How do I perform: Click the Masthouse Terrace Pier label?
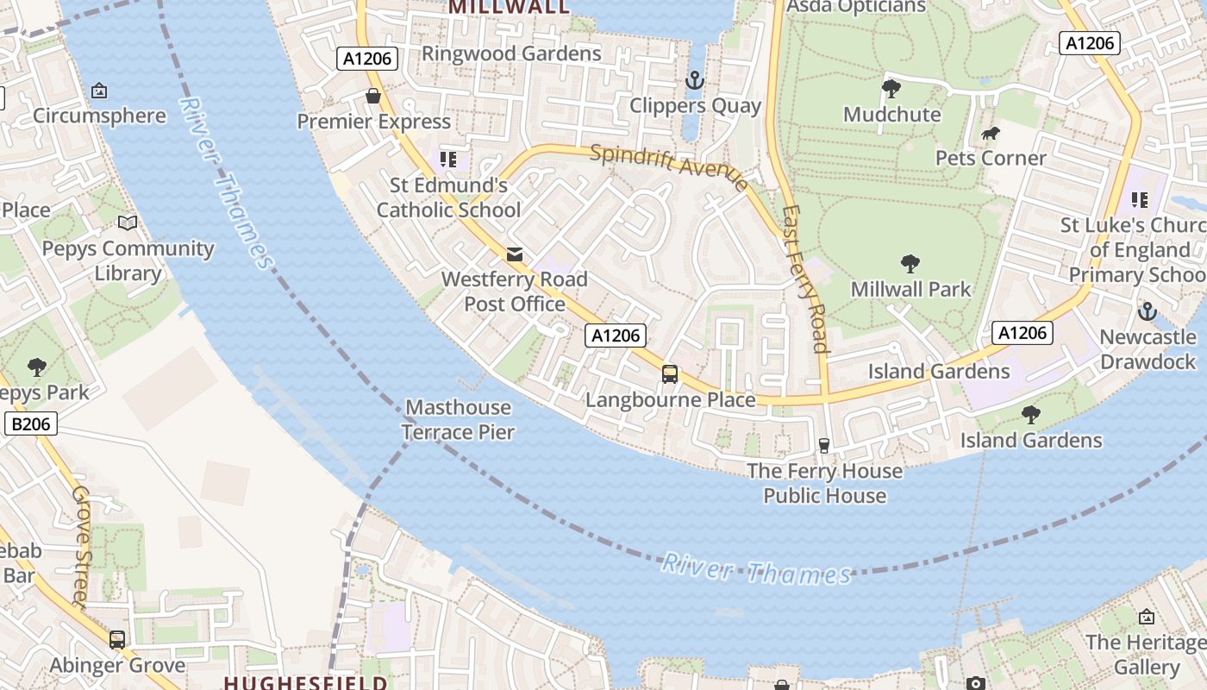[458, 420]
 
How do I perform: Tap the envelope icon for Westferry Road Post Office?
[515, 254]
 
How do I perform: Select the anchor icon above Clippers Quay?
[694, 81]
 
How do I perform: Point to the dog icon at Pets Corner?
[991, 134]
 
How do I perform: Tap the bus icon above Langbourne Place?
[670, 374]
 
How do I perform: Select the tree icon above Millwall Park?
[910, 264]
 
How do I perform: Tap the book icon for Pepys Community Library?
[128, 223]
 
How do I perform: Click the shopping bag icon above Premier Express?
[373, 96]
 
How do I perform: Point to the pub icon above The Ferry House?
[824, 445]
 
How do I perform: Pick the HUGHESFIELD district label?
[305, 682]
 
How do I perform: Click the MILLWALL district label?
[510, 7]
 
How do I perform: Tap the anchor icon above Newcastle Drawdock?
[1147, 311]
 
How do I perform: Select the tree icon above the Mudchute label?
[891, 88]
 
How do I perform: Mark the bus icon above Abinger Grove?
[117, 640]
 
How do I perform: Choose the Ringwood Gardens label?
[511, 53]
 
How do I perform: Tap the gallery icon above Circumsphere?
[99, 91]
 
